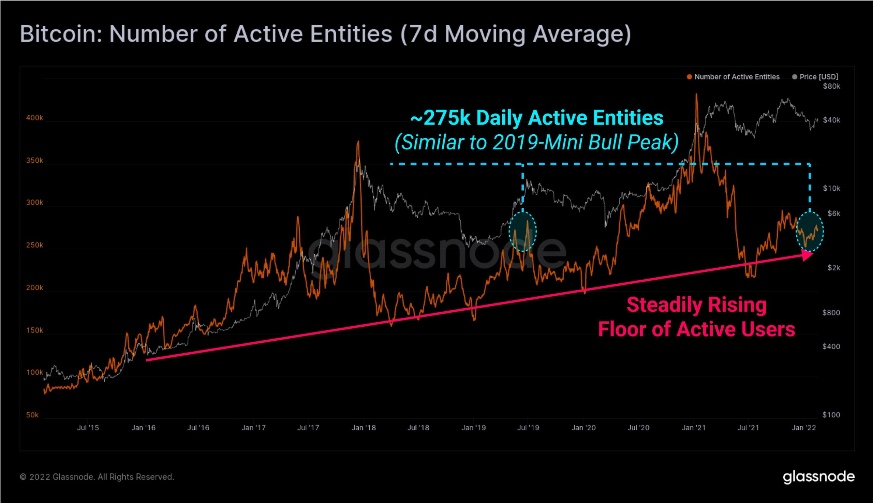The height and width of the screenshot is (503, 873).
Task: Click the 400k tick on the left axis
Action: [34, 118]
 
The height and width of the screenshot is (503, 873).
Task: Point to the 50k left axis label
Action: [32, 415]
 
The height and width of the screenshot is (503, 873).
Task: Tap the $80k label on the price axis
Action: [831, 86]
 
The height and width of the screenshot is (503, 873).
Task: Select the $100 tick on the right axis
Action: [831, 415]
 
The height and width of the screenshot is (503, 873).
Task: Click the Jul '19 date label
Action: [528, 428]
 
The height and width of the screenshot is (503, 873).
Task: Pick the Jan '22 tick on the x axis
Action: [804, 428]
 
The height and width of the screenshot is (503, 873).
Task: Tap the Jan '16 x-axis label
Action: [143, 428]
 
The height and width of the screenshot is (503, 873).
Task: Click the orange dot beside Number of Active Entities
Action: [689, 77]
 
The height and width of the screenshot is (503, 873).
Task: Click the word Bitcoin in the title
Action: [61, 34]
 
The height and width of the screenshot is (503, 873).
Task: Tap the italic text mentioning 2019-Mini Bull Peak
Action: [536, 142]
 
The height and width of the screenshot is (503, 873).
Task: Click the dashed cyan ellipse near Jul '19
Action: [523, 232]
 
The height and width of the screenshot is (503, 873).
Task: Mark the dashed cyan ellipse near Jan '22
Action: [810, 232]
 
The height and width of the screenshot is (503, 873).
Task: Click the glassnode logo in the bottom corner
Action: [818, 477]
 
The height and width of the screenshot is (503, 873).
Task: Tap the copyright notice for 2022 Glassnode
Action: [97, 477]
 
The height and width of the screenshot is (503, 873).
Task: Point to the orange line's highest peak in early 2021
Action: [696, 95]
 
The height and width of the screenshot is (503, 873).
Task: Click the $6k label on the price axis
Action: [834, 213]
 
